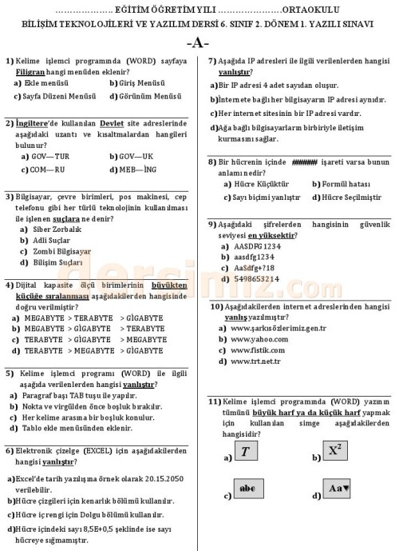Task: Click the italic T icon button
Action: (246, 452)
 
